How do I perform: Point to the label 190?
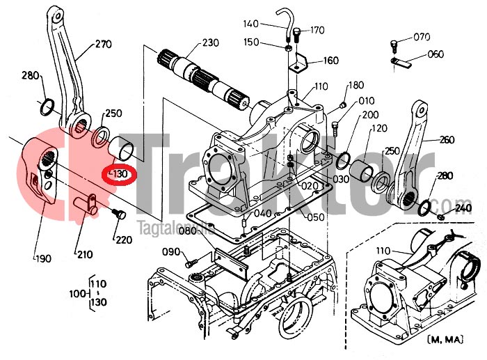coord(43,259)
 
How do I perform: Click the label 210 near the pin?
coord(85,254)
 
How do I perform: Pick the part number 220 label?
coord(124,240)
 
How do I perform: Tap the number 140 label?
coord(251,24)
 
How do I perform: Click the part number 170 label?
coord(317,30)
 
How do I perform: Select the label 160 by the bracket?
coord(330,61)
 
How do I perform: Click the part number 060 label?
coord(436,54)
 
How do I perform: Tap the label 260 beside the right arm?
coord(447,139)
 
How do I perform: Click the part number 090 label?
coord(170,251)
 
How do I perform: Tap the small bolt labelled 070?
coord(394,47)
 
